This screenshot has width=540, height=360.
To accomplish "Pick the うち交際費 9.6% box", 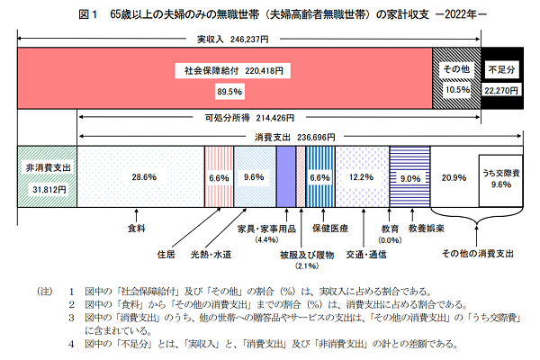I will pyautogui.click(x=499, y=177).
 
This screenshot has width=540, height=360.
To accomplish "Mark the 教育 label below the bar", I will pyautogui.click(x=390, y=229).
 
